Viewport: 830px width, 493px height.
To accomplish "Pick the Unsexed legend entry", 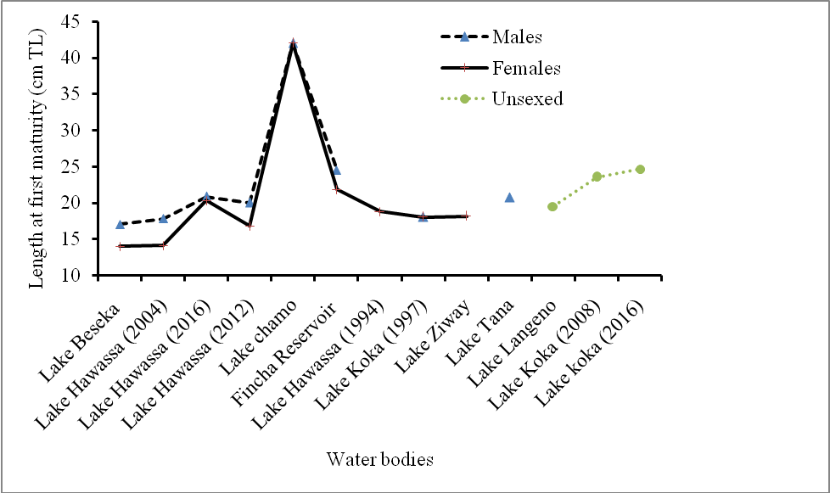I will [x=526, y=99].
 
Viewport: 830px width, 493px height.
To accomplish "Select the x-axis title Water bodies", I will [x=380, y=460].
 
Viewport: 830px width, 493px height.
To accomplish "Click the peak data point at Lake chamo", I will [x=293, y=43].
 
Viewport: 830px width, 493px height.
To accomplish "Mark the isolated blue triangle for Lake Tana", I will [x=509, y=197].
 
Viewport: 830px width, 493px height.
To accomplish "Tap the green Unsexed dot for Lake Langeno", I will [x=552, y=206].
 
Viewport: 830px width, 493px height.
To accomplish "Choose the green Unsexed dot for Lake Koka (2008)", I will [x=597, y=176].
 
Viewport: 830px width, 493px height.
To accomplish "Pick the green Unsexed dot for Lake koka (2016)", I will [x=640, y=170].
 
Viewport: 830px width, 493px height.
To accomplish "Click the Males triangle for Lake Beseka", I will [x=120, y=224].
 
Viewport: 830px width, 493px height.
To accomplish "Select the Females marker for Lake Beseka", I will [x=120, y=246].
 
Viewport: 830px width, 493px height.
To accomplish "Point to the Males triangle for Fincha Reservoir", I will [x=336, y=171].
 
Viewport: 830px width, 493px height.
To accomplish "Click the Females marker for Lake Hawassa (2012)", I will [x=250, y=226].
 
